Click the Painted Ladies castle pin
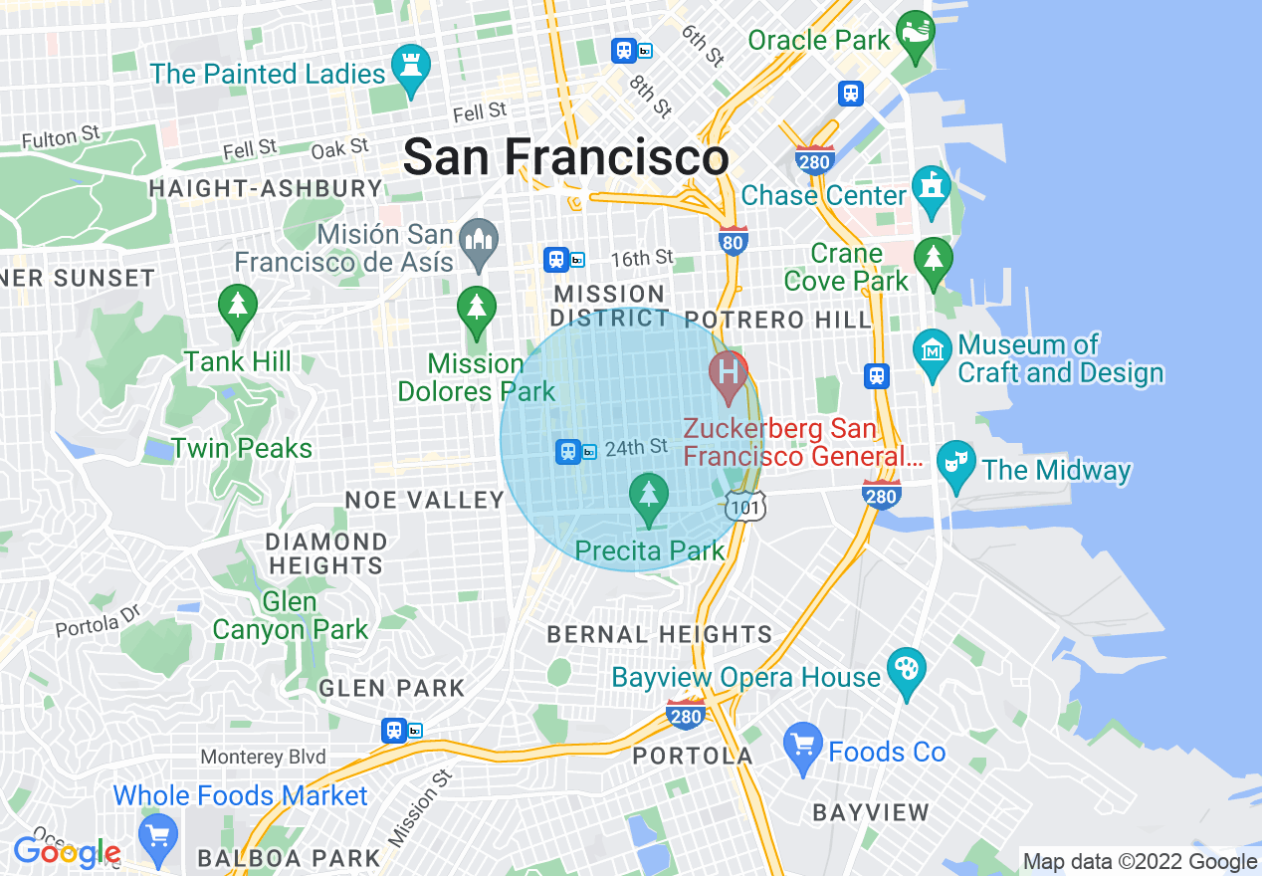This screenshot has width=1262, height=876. pyautogui.click(x=409, y=68)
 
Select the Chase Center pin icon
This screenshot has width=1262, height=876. pyautogui.click(x=933, y=191)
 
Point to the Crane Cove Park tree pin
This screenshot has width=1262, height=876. pyautogui.click(x=933, y=261)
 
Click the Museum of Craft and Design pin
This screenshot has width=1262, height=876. pyautogui.click(x=933, y=352)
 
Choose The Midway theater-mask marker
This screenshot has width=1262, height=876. pyautogui.click(x=956, y=464)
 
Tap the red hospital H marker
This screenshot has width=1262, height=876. pyautogui.click(x=729, y=374)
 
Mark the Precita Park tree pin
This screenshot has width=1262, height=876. pyautogui.click(x=650, y=496)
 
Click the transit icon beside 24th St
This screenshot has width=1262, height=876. pyautogui.click(x=568, y=452)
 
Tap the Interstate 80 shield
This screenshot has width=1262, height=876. pyautogui.click(x=734, y=240)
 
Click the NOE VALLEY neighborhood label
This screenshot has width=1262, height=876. pyautogui.click(x=425, y=500)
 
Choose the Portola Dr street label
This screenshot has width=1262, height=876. pyautogui.click(x=100, y=624)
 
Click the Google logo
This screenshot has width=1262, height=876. pyautogui.click(x=67, y=852)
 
